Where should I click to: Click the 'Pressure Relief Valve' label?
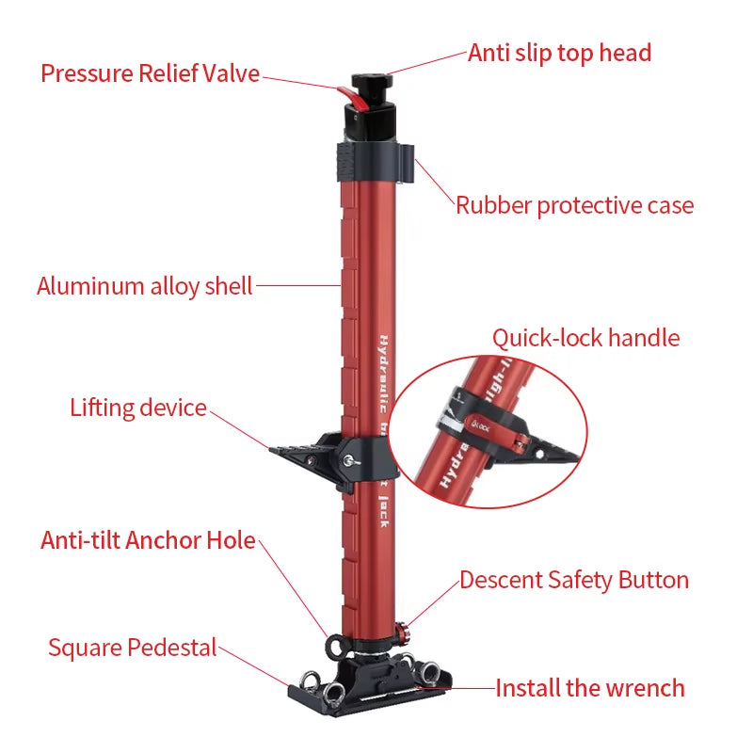click(x=150, y=73)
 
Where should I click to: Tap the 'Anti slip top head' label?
click(x=559, y=53)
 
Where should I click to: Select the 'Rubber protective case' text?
click(x=574, y=205)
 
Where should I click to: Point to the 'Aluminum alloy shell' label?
click(x=145, y=286)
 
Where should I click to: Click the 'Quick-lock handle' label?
click(x=585, y=338)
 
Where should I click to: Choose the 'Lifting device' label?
click(x=138, y=408)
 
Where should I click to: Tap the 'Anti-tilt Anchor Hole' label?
click(x=148, y=540)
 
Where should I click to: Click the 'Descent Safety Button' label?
click(x=574, y=580)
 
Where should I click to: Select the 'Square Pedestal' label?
click(x=132, y=648)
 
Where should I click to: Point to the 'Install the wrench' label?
click(x=590, y=688)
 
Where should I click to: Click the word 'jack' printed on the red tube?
click(x=384, y=508)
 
